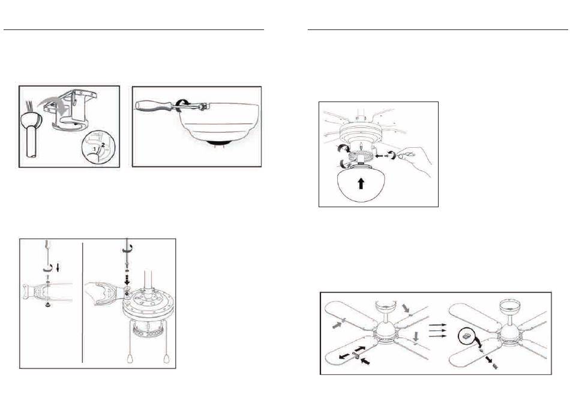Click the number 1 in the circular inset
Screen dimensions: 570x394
tap(95, 149)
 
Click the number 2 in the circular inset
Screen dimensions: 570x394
tap(103, 145)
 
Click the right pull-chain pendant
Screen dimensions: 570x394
tap(166, 359)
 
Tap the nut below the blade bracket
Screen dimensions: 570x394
tap(47, 305)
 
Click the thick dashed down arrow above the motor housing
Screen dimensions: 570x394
tap(127, 280)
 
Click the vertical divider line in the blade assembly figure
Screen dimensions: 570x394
tap(83, 303)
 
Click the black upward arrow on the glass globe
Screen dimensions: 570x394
tap(361, 183)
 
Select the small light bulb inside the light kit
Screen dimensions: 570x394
tap(360, 144)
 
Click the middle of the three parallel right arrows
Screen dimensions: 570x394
tap(437, 330)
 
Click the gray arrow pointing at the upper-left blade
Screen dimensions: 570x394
tap(338, 326)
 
